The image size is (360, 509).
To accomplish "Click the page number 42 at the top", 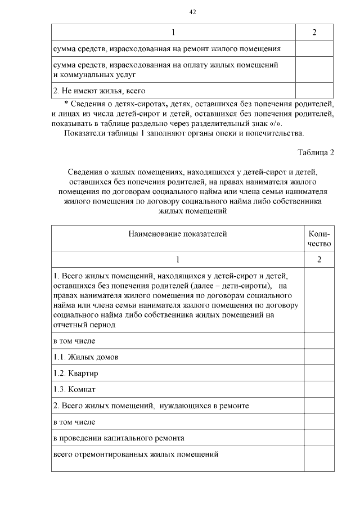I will pyautogui.click(x=192, y=11).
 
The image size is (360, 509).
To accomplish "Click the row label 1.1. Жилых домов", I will pyautogui.click(x=86, y=357).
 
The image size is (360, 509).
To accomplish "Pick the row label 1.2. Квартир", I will pyautogui.click(x=76, y=373).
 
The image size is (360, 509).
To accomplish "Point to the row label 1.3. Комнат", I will pyautogui.click(x=74, y=389).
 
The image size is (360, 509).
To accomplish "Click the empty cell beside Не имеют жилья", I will pyautogui.click(x=314, y=91).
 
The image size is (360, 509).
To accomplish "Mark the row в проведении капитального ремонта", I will pyautogui.click(x=119, y=438).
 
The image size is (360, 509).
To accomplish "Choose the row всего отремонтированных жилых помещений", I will pyautogui.click(x=136, y=454).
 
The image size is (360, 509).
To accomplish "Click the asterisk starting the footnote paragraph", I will pyautogui.click(x=66, y=104).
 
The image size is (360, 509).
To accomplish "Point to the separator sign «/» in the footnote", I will pyautogui.click(x=274, y=123).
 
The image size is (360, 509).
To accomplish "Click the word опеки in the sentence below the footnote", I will pyautogui.click(x=240, y=133).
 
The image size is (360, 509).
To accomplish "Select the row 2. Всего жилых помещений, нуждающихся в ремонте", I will pyautogui.click(x=151, y=405).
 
